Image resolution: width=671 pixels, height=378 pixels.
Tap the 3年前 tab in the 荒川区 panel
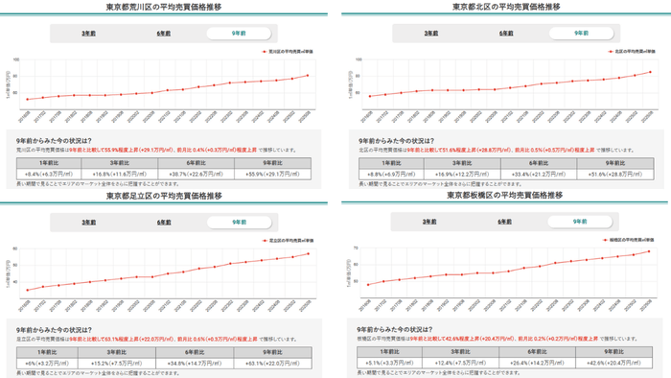88,33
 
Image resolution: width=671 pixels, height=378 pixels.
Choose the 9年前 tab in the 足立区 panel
239,222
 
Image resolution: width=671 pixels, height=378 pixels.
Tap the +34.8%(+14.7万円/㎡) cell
204,364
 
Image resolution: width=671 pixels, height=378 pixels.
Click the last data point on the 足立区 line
309,253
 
